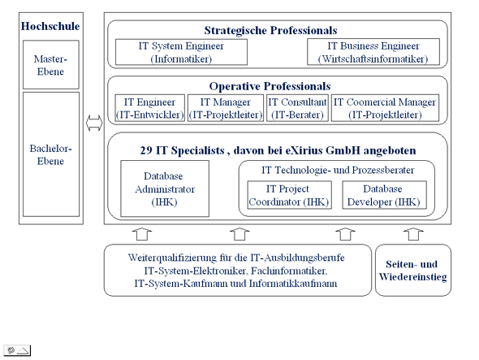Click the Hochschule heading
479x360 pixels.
pos(50,26)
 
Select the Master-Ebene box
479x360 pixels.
pos(51,64)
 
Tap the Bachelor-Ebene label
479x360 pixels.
pos(50,154)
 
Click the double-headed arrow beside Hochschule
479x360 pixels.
pos(94,123)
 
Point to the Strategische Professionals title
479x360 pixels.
pos(270,30)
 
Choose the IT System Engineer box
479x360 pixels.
pos(181,52)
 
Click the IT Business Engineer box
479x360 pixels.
pos(373,52)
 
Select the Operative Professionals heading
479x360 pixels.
pos(270,86)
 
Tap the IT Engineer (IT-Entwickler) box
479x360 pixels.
pos(149,107)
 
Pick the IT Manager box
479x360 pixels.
pos(226,107)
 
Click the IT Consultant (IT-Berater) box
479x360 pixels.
pos(297,107)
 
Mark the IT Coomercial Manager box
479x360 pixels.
pos(385,107)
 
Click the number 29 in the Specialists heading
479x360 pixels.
pos(146,150)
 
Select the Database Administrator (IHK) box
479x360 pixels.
pos(165,189)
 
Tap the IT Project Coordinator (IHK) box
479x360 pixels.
pos(289,195)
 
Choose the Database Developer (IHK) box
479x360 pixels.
pos(384,195)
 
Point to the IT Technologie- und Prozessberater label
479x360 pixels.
pos(338,170)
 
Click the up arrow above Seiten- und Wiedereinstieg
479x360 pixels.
pos(413,234)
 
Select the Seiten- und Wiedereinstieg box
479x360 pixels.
pos(413,270)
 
